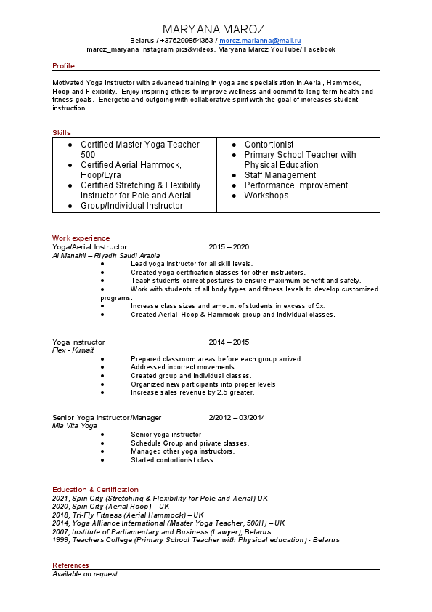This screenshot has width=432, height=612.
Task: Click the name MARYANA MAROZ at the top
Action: [213, 29]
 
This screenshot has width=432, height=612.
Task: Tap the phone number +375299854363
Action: [187, 41]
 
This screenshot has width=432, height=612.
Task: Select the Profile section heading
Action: [63, 66]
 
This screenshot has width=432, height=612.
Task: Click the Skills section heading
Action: [62, 132]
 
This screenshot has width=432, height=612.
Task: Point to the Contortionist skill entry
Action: [269, 145]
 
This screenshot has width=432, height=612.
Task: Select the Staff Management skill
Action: [280, 175]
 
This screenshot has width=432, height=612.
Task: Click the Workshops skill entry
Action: [266, 196]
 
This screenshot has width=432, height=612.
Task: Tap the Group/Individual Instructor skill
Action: [131, 206]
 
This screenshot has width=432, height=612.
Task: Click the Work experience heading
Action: [81, 238]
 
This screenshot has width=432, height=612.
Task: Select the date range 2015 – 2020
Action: [229, 247]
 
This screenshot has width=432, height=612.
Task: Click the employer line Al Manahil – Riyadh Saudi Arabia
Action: [106, 256]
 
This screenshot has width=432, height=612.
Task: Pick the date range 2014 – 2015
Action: [229, 342]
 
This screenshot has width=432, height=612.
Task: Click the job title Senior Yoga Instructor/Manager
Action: [107, 418]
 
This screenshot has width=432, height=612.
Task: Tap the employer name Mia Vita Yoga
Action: [74, 426]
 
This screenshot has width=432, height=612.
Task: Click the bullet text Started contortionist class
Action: [173, 460]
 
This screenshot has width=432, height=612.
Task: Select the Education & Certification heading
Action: [95, 490]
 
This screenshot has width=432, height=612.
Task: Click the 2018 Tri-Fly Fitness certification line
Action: [128, 515]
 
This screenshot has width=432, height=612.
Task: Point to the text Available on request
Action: [84, 574]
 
